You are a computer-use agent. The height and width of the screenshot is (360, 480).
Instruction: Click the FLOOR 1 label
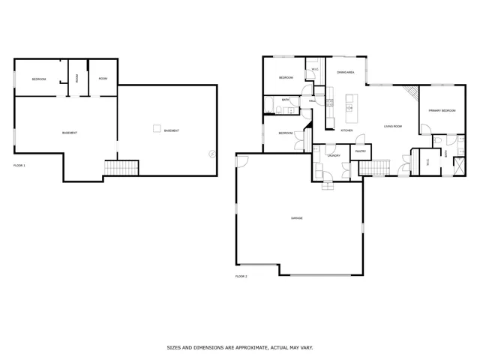tap(19, 164)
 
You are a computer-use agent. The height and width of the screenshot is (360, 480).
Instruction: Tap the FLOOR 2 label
tap(241, 277)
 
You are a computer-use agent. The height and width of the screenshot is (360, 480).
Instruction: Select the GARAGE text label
tap(297, 218)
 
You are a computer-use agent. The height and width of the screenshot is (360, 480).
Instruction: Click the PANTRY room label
tap(360, 151)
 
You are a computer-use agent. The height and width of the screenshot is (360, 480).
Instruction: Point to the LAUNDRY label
tap(334, 156)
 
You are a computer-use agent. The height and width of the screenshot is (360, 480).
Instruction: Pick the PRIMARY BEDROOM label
tap(442, 110)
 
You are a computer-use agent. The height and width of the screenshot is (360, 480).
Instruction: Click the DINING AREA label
tap(346, 73)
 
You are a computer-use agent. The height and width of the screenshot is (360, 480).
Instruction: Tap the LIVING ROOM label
tap(394, 126)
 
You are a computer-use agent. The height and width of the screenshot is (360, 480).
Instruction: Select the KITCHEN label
tap(346, 130)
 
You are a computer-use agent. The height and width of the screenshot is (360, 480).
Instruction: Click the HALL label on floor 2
tap(312, 100)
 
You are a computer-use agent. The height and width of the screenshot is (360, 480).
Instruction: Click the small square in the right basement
tap(157, 128)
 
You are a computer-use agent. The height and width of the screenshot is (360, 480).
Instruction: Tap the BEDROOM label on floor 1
tap(38, 79)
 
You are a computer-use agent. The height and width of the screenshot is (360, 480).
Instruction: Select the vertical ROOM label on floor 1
tap(77, 78)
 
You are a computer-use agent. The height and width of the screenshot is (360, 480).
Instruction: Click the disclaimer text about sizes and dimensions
tap(240, 347)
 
